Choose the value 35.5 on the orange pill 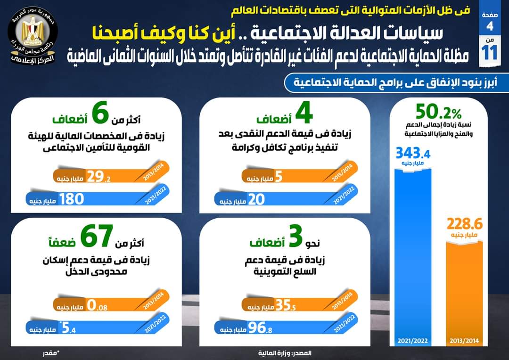pos(286,305)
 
